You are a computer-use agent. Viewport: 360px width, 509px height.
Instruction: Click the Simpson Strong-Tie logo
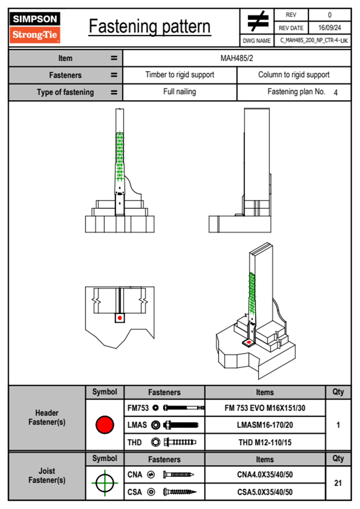point(35,27)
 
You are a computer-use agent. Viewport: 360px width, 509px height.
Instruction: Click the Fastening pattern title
point(150,27)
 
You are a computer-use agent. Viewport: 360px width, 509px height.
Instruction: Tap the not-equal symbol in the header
point(257,21)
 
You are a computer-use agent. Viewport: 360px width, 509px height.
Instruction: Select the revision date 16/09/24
point(329,28)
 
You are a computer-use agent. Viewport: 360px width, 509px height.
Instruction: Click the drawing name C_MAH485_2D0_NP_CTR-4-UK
point(314,41)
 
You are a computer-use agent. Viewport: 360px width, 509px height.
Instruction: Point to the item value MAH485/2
point(237,58)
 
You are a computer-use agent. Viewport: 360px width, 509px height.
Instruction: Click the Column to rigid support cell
point(294,75)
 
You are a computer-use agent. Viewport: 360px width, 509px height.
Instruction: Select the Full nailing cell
point(179,92)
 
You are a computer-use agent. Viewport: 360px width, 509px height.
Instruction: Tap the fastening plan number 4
point(335,93)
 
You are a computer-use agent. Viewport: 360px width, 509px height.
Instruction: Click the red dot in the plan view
point(120,318)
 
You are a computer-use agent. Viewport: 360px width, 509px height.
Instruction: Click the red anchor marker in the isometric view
point(249,342)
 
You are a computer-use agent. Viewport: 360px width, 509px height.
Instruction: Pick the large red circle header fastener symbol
point(105,425)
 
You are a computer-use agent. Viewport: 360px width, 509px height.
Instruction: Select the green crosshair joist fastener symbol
point(105,483)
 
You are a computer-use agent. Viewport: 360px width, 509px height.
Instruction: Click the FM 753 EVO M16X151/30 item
point(265,408)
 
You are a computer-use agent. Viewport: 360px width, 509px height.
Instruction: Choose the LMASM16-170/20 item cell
point(265,425)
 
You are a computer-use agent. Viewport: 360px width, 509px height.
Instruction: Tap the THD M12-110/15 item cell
point(265,442)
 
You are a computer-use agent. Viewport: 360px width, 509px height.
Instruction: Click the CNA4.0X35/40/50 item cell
point(265,475)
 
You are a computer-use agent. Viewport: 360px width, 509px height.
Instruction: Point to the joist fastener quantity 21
point(338,483)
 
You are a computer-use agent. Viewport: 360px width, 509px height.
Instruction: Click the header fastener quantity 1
point(338,425)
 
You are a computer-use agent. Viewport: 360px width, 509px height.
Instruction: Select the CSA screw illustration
point(179,492)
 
